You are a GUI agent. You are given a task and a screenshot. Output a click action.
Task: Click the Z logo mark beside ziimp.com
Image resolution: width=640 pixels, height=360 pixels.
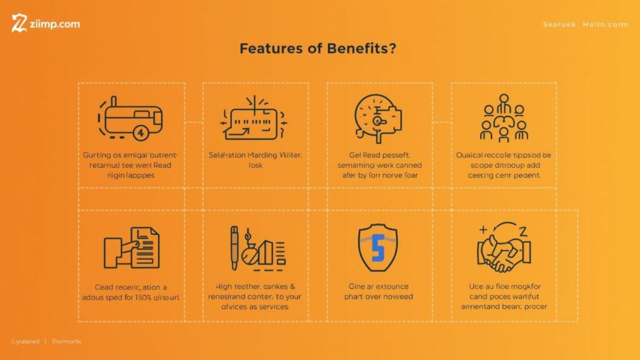coord(19,24)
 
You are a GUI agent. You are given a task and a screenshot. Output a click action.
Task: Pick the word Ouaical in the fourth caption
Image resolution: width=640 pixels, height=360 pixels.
coord(469,154)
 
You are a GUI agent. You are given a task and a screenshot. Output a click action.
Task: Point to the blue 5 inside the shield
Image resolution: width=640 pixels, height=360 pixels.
coord(377,249)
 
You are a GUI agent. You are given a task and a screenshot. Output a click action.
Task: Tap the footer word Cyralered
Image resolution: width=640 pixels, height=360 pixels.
coord(26,342)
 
